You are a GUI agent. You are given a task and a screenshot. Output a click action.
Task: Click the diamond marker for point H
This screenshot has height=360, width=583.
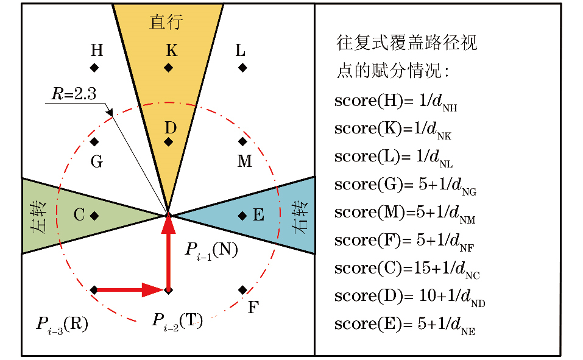[94, 68]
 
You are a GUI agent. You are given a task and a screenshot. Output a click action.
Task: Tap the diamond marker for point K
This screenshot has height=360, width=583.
[169, 68]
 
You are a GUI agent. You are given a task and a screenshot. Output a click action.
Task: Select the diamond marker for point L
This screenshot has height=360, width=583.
[242, 68]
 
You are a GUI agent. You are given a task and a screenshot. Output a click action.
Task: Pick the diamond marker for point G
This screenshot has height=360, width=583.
[94, 142]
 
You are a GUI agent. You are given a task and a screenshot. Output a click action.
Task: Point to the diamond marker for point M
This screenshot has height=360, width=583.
[242, 142]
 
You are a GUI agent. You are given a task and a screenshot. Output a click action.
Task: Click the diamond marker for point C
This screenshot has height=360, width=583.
[94, 216]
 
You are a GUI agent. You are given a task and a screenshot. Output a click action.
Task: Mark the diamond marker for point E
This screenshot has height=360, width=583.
[242, 216]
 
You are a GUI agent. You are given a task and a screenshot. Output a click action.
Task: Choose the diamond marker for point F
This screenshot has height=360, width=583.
[242, 289]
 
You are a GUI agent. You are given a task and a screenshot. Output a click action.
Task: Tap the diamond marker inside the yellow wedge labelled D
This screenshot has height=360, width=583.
[169, 142]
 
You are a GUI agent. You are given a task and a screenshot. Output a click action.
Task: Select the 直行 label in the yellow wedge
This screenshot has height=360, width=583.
[166, 23]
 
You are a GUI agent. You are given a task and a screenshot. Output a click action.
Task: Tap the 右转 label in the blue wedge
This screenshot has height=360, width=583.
[298, 216]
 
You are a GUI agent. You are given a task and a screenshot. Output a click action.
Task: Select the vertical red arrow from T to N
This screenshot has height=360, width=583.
[169, 253]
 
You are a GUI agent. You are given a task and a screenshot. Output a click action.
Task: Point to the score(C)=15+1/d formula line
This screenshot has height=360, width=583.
[408, 269]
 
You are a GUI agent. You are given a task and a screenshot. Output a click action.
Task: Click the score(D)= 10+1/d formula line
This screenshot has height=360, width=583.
[409, 297]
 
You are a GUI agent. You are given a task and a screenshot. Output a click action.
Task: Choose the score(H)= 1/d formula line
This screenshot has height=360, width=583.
[396, 101]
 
